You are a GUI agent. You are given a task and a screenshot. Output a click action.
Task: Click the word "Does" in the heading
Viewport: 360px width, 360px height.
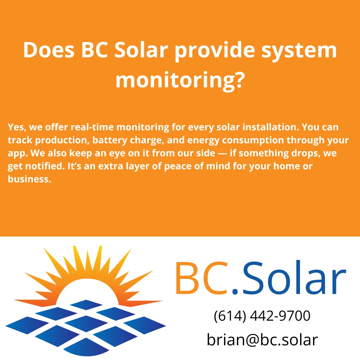coord(48,51)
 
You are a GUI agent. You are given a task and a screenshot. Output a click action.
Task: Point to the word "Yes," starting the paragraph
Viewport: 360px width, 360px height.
coord(16,127)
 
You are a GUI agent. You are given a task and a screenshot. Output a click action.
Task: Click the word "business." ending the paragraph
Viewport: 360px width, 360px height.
coord(29,179)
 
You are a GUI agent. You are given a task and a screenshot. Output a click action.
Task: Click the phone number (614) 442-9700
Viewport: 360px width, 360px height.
coord(262,316)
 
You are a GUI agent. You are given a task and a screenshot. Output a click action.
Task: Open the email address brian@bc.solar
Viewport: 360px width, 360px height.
coord(262,340)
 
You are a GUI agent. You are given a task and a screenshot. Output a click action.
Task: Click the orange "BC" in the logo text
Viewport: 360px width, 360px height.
coord(201,279)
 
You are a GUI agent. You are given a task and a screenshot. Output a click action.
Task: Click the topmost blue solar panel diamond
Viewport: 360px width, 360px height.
coord(86,304)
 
